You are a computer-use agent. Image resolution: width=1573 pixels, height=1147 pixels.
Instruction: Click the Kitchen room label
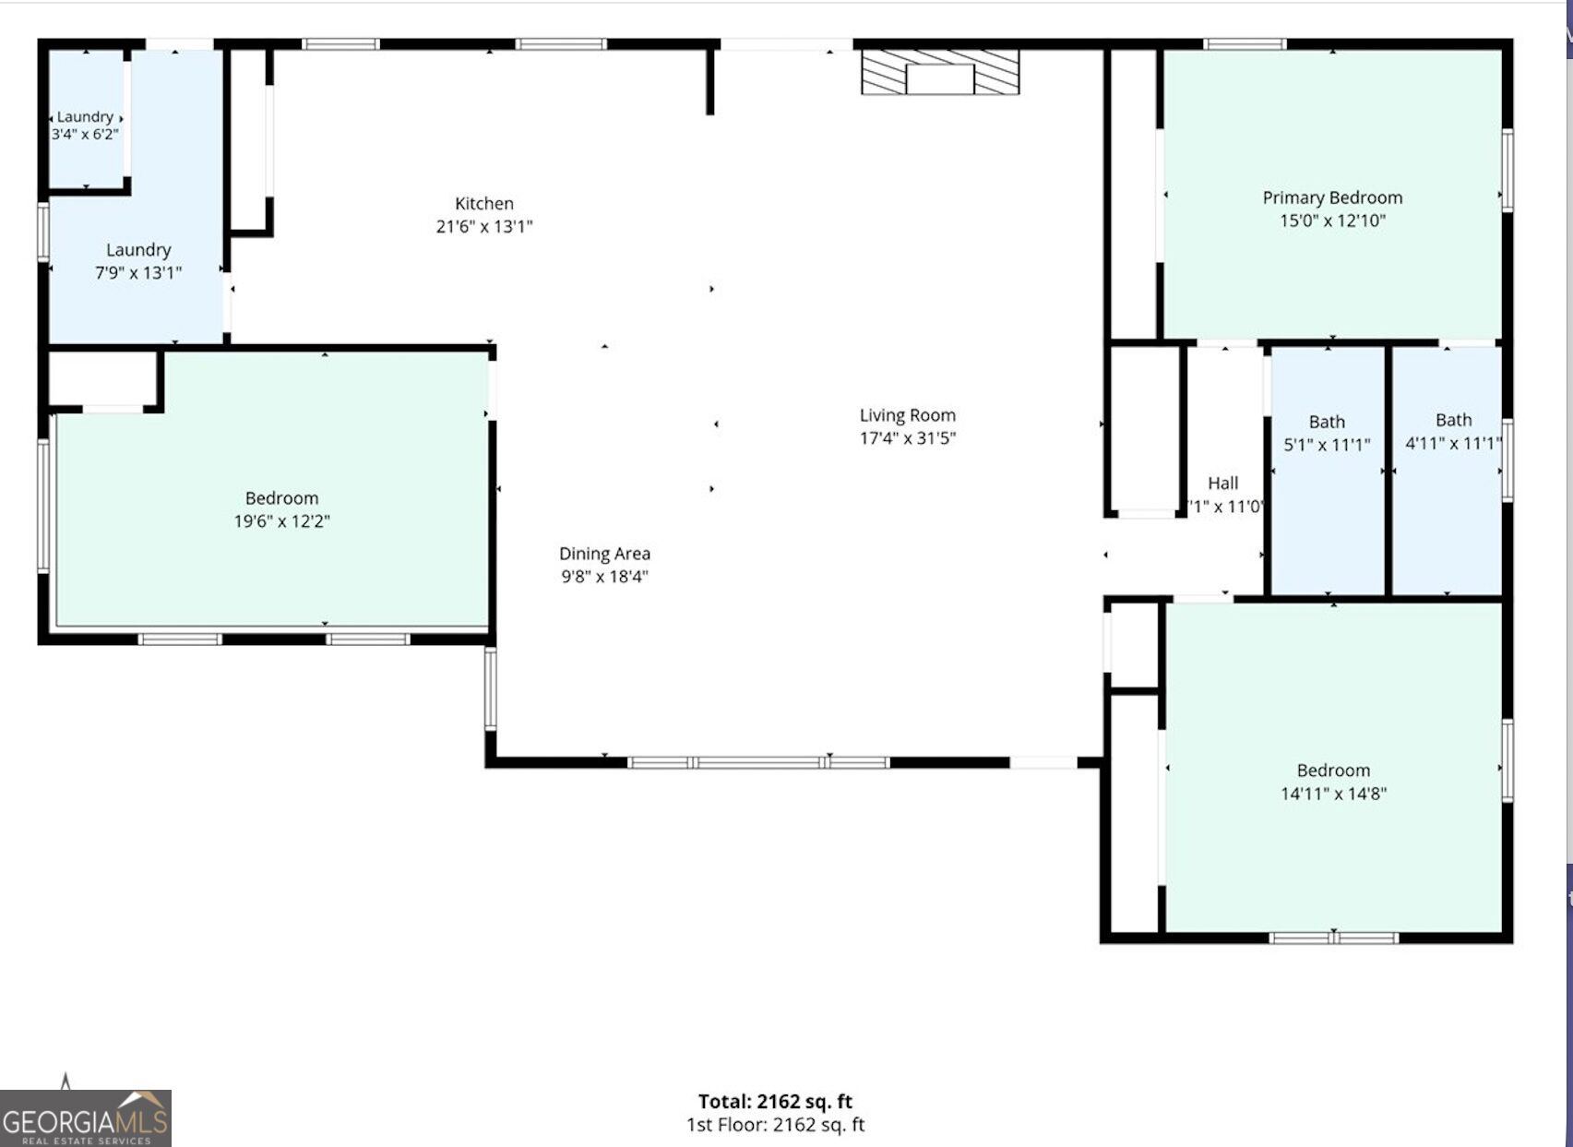[x=483, y=204]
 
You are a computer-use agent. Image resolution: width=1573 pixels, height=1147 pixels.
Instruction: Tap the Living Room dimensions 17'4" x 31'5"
[x=907, y=438]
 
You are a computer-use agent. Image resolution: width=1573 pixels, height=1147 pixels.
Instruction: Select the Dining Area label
[x=604, y=554]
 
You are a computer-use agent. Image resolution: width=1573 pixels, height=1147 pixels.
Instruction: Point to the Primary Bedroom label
[x=1332, y=198]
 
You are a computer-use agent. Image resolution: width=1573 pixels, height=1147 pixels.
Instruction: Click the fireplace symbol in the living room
[x=940, y=72]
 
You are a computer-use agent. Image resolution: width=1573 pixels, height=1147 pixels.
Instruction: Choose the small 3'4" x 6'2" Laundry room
[x=87, y=119]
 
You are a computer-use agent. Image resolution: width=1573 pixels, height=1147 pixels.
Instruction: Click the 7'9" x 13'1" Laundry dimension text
[x=138, y=272]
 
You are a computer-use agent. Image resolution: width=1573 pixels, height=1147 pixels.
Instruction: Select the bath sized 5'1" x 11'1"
[x=1328, y=472]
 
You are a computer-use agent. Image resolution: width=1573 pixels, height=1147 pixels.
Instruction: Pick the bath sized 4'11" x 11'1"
[x=1447, y=472]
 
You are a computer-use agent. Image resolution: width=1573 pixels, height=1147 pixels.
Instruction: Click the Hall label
[x=1222, y=484]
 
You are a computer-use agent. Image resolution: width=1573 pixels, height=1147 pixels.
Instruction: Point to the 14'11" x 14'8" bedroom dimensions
[x=1333, y=794]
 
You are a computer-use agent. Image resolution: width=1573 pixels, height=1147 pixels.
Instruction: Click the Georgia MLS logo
[x=86, y=1117]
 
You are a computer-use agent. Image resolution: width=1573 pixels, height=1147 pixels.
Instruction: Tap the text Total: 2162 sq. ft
[x=775, y=1102]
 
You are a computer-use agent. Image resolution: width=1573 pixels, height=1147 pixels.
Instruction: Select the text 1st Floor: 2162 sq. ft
[x=775, y=1125]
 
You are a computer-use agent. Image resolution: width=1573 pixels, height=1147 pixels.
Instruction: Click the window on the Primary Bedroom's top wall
[x=1245, y=44]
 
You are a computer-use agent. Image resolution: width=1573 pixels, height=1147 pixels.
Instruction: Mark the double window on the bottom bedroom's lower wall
[x=1333, y=938]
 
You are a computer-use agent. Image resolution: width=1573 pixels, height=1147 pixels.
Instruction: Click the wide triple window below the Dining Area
[x=758, y=763]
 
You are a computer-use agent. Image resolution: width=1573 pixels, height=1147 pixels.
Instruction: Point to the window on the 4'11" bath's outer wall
[x=1507, y=460]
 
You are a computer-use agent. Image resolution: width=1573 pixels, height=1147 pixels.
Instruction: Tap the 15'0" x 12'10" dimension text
[x=1332, y=221]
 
